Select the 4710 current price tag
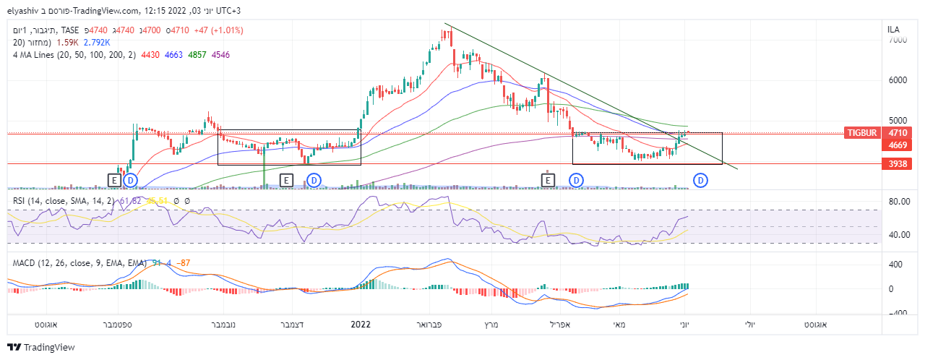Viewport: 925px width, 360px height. (898, 133)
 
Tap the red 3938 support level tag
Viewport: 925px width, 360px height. (898, 164)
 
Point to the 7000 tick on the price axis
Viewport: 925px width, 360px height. (898, 40)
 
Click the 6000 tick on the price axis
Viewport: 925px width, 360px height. (898, 80)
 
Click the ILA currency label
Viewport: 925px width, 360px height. (894, 29)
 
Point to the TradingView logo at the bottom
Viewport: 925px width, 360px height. (41, 348)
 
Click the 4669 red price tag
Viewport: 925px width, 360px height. (898, 145)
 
